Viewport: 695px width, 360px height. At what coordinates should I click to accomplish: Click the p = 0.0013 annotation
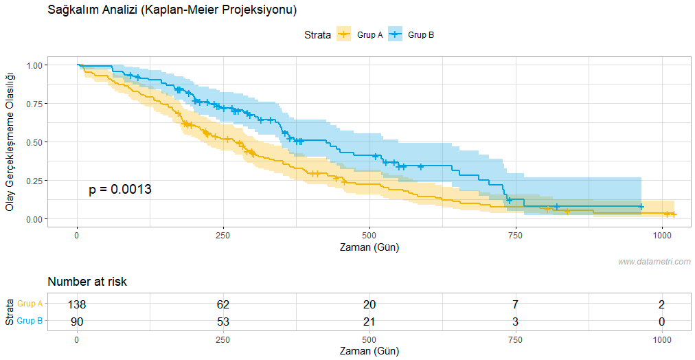tap(120, 190)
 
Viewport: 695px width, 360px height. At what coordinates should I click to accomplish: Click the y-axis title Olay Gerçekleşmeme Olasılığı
tap(10, 142)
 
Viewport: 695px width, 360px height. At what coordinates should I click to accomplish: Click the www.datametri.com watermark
tap(654, 262)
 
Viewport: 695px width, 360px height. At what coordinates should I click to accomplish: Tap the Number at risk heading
tap(87, 282)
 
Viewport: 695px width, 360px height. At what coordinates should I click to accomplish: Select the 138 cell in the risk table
tap(77, 304)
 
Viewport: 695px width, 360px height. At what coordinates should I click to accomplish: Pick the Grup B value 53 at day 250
tap(223, 321)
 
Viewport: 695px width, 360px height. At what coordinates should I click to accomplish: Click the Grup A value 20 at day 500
tap(369, 304)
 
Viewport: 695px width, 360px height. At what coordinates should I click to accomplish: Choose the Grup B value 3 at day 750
tap(516, 321)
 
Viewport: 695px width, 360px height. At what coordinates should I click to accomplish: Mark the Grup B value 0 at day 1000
tap(662, 321)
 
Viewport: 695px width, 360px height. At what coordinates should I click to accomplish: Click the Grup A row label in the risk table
tap(30, 304)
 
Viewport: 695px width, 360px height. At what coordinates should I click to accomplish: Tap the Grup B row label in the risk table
tap(30, 321)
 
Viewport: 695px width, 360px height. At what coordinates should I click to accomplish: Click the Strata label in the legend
tap(317, 34)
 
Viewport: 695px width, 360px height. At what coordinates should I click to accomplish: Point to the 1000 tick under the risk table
tap(662, 340)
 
